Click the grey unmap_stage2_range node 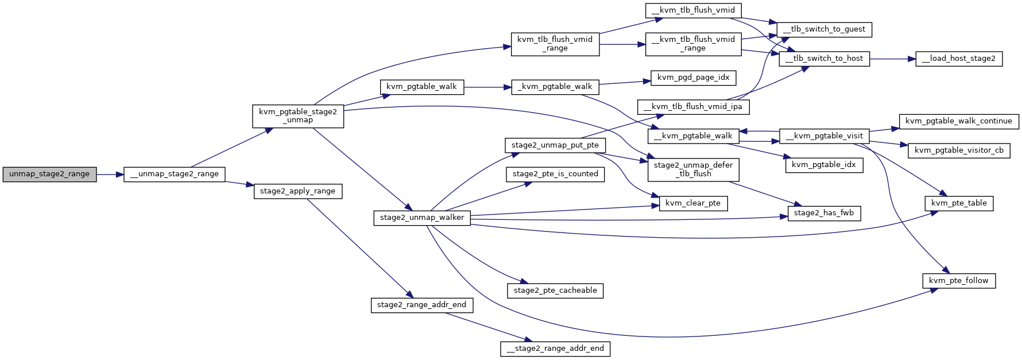pyautogui.click(x=49, y=174)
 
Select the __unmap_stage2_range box pyautogui.click(x=175, y=174)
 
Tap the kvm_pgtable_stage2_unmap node pyautogui.click(x=298, y=116)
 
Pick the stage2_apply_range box pyautogui.click(x=297, y=191)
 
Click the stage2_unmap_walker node pyautogui.click(x=422, y=218)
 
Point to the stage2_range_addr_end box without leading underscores pyautogui.click(x=421, y=305)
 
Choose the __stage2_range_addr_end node pyautogui.click(x=555, y=349)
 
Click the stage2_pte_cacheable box pyautogui.click(x=555, y=291)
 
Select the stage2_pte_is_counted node pyautogui.click(x=555, y=174)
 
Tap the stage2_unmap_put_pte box pyautogui.click(x=555, y=145)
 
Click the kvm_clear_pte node pyautogui.click(x=693, y=203)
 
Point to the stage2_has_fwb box pyautogui.click(x=824, y=213)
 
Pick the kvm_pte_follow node pyautogui.click(x=959, y=281)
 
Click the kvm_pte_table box pyautogui.click(x=959, y=203)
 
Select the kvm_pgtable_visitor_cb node pyautogui.click(x=959, y=150)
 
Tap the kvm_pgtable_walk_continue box pyautogui.click(x=959, y=121)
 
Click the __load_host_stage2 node pyautogui.click(x=959, y=59)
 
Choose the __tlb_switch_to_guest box pyautogui.click(x=824, y=29)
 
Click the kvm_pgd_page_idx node pyautogui.click(x=694, y=78)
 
